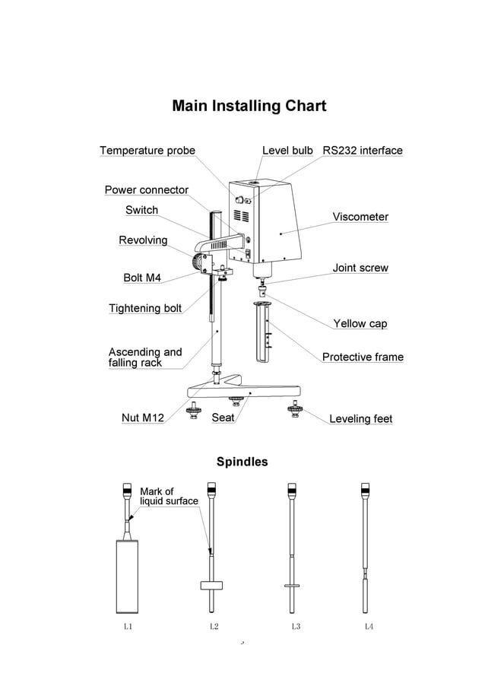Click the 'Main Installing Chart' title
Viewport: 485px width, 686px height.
(249, 106)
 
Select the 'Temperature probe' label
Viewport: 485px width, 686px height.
(147, 151)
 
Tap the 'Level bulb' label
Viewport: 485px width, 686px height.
(287, 151)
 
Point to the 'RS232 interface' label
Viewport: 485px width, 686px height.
(362, 151)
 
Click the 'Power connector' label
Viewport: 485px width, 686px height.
(146, 190)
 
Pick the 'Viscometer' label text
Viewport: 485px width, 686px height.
(360, 217)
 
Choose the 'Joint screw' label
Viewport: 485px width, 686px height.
(360, 268)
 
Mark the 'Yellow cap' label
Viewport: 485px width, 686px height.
(360, 323)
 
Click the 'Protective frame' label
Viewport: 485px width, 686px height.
(363, 357)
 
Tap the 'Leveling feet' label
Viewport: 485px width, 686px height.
(360, 418)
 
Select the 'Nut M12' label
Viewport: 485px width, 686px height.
(143, 418)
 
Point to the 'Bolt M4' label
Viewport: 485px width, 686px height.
(142, 278)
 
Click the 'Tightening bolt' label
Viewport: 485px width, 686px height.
(145, 308)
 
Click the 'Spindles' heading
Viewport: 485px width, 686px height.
(242, 462)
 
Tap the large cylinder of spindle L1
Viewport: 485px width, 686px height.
(128, 576)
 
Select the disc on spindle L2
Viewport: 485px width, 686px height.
(212, 585)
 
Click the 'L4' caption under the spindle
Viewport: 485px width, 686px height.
(368, 627)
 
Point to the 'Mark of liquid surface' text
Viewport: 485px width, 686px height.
(168, 497)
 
